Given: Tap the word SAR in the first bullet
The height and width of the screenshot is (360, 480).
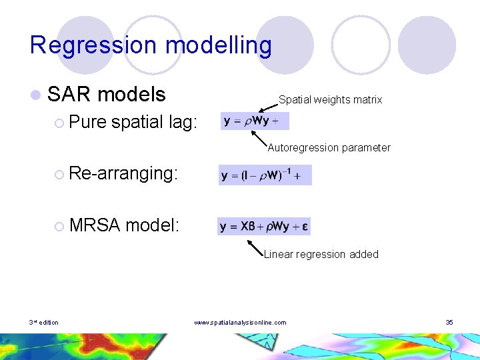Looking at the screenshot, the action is [x=69, y=95].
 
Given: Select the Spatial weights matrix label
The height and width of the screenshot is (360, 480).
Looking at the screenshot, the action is [x=330, y=100].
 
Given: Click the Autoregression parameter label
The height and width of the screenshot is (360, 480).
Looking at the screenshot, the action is [x=329, y=148].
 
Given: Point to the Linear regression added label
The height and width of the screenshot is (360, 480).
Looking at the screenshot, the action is [x=321, y=254].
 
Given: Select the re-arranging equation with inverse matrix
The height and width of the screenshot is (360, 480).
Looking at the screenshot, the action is [x=265, y=175].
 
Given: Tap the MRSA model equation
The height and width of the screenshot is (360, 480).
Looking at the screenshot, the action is [x=264, y=226].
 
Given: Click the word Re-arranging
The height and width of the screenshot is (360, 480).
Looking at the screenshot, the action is [x=123, y=173].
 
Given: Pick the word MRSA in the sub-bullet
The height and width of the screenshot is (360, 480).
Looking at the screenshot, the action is [x=93, y=225].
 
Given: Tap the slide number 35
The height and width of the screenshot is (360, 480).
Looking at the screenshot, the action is [x=449, y=323].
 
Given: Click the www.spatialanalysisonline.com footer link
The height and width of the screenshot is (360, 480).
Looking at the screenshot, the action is [x=240, y=323].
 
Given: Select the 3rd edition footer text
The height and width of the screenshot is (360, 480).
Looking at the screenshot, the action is [x=43, y=323].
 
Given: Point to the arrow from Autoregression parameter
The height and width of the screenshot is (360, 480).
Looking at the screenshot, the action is [x=260, y=139].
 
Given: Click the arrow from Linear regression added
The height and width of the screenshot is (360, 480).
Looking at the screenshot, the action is [x=257, y=247].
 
